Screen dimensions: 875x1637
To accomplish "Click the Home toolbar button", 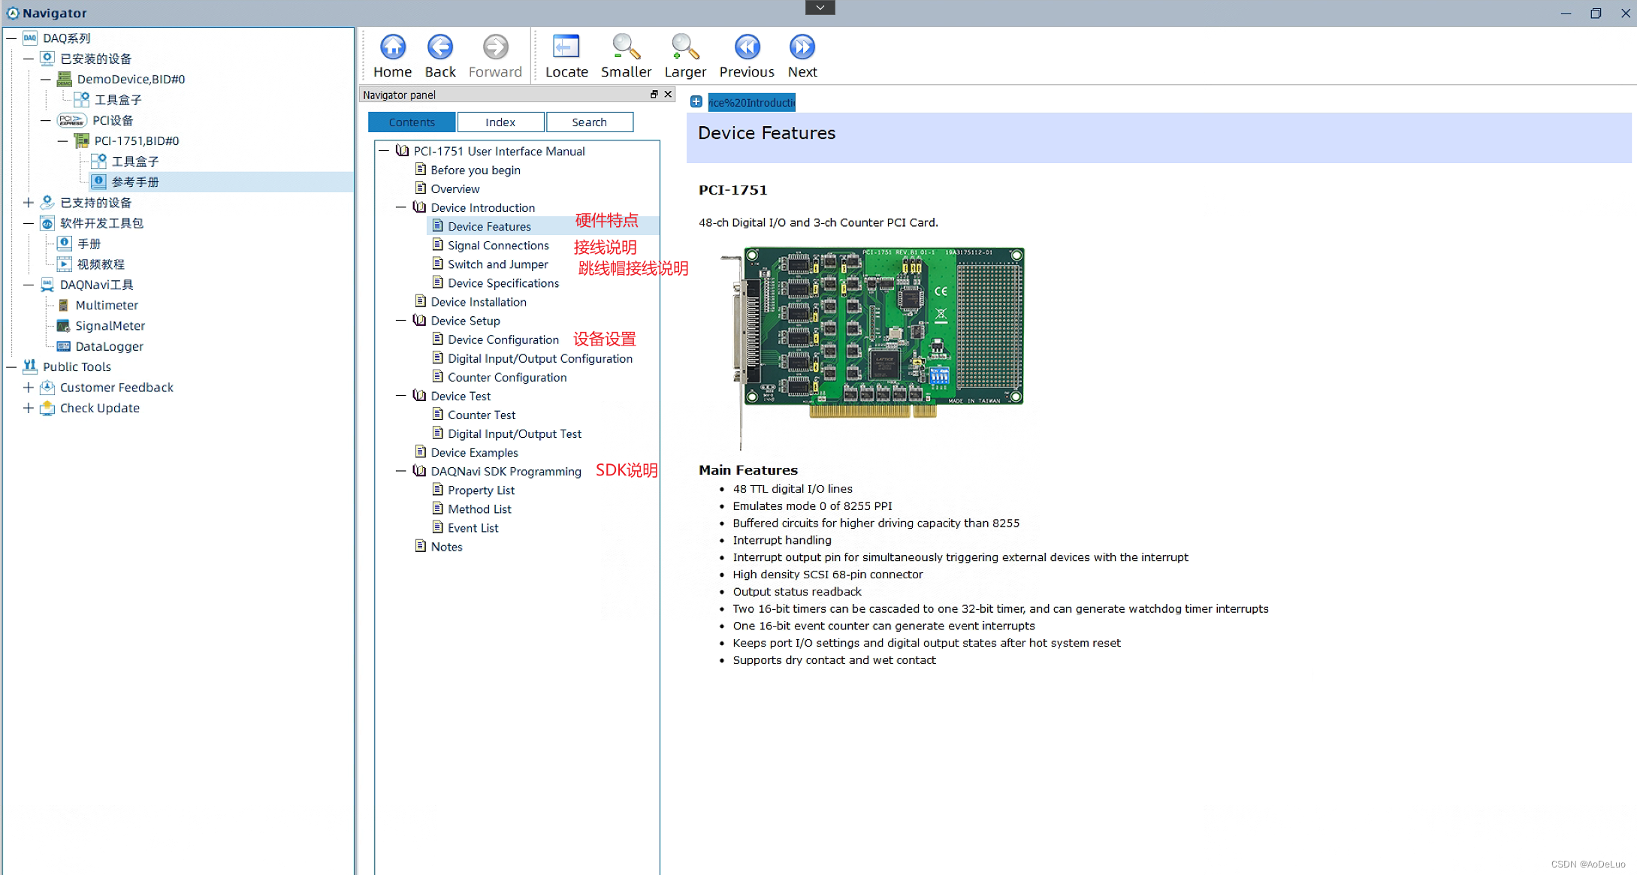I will tap(392, 56).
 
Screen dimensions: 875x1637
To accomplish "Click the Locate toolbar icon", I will tap(566, 56).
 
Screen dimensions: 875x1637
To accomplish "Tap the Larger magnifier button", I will tap(684, 56).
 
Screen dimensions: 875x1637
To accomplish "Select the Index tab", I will tap(500, 122).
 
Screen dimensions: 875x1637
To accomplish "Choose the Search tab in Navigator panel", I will tap(589, 122).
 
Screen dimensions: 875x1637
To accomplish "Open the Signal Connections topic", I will tap(498, 246).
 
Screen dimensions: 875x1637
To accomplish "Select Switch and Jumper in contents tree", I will tap(497, 264).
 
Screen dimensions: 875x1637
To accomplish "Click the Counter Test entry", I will tap(482, 415).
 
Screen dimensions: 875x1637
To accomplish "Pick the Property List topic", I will tap(481, 490).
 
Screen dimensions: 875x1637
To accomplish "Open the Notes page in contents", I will tap(446, 547).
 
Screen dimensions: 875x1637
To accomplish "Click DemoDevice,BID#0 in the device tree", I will tap(131, 80).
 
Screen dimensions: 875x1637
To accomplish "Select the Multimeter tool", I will tap(107, 306).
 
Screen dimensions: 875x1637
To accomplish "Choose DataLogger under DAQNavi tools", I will tap(109, 346).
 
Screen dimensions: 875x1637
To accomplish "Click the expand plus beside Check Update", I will tap(29, 409).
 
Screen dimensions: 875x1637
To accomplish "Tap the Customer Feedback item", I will tap(116, 388).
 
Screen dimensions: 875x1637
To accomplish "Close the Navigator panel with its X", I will tap(668, 95).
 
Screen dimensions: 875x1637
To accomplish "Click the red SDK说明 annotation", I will tap(627, 471).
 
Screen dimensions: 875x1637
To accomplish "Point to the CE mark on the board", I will tap(941, 291).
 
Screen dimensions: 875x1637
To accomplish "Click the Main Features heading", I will tap(748, 470).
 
